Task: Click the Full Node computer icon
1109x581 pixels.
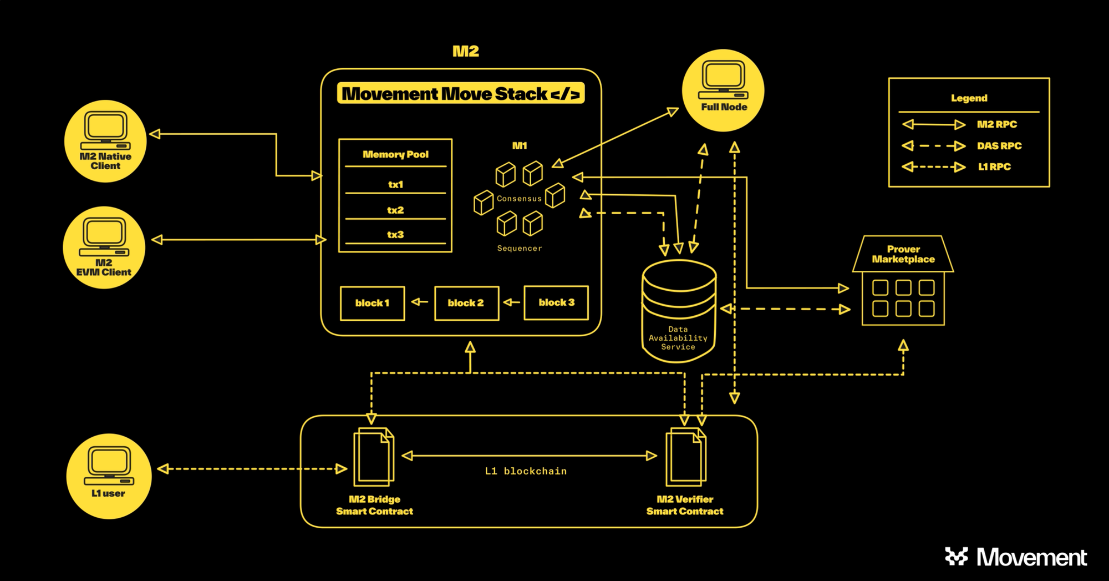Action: click(x=724, y=80)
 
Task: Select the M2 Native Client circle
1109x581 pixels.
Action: click(x=105, y=141)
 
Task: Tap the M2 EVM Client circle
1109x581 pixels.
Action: click(x=104, y=247)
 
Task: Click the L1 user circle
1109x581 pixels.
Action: click(x=109, y=476)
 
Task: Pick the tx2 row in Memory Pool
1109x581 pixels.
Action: click(x=395, y=210)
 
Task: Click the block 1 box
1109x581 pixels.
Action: click(x=372, y=303)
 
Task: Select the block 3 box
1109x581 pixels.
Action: click(x=556, y=302)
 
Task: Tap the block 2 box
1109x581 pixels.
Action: click(x=466, y=303)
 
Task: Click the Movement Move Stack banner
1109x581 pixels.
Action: click(x=461, y=94)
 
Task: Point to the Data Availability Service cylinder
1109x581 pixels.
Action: click(x=679, y=311)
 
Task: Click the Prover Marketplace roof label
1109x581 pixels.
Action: click(x=903, y=254)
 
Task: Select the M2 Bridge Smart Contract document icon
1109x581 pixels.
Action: click(x=374, y=456)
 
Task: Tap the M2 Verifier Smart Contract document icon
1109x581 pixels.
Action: click(x=686, y=456)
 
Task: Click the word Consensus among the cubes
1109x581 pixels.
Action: click(x=519, y=199)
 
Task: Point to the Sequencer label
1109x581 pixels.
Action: click(x=520, y=248)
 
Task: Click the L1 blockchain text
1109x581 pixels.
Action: click(x=526, y=471)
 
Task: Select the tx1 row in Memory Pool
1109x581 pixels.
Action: click(x=395, y=184)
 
